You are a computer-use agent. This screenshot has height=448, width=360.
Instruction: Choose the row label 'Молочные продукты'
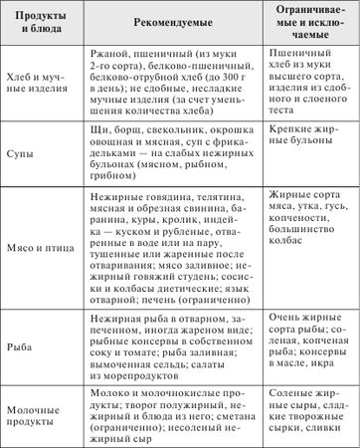tap(37, 417)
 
